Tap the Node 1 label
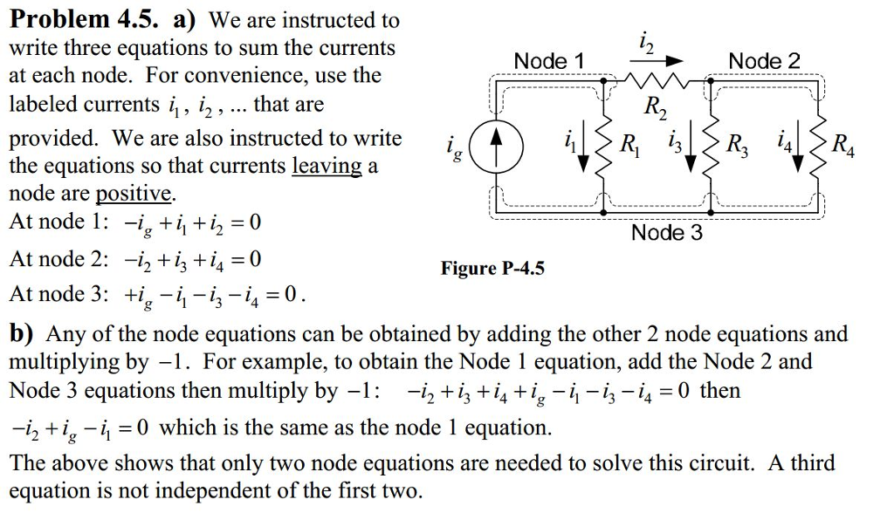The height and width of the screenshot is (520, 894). (x=549, y=60)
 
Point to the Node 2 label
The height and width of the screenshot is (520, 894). (x=764, y=60)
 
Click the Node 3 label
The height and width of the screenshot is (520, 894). (x=666, y=232)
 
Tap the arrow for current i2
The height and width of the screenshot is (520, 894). (x=657, y=60)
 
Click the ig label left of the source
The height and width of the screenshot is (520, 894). (x=454, y=149)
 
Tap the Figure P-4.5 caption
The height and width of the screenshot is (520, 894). (x=492, y=268)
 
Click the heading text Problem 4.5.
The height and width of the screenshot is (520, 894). (x=84, y=19)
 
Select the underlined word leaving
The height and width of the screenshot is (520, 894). (x=327, y=167)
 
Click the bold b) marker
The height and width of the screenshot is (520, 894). (x=22, y=334)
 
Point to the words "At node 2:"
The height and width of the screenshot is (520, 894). (x=58, y=259)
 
